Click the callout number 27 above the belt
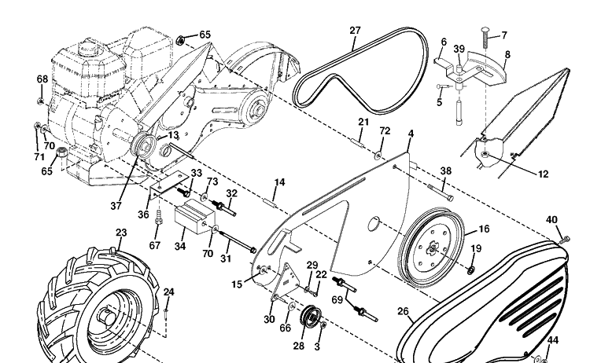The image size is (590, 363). [355, 31]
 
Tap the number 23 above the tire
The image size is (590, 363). [121, 233]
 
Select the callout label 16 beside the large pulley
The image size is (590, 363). [484, 229]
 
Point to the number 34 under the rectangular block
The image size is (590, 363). [180, 246]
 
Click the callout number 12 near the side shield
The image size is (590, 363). [544, 174]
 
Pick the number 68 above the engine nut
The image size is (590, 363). [42, 79]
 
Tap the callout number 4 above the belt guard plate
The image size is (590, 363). [411, 134]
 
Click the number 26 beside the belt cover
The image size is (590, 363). [403, 311]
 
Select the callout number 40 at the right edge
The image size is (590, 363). [551, 219]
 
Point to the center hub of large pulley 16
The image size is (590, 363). [433, 248]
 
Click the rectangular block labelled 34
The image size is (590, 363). [194, 217]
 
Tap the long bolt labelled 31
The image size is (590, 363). [238, 242]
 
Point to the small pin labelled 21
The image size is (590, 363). [357, 143]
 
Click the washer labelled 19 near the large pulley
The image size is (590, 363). [470, 269]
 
